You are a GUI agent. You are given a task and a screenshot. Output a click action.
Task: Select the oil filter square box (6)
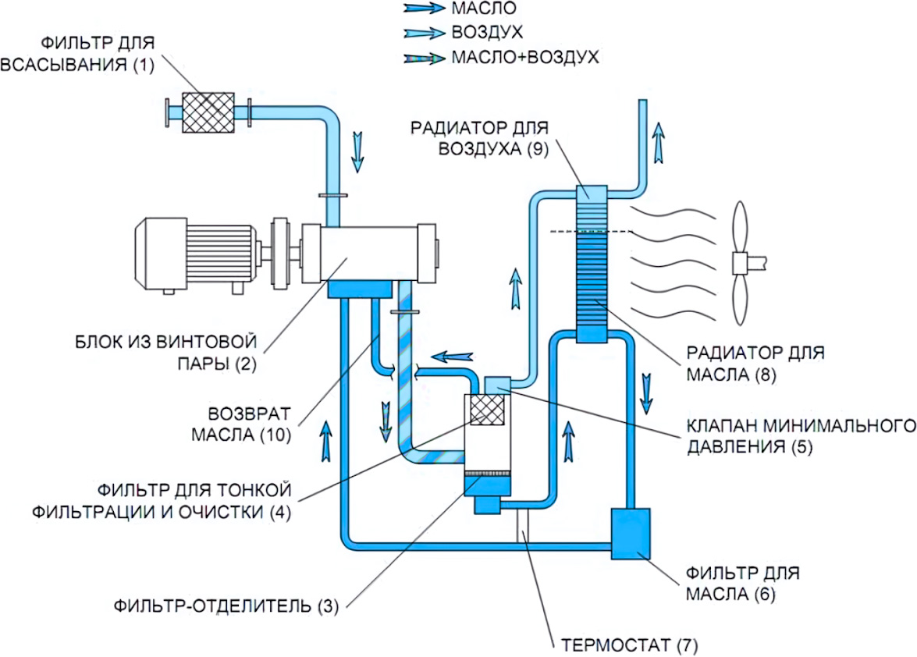tap(631, 534)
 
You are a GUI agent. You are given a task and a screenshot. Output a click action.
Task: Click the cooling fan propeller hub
tap(741, 262)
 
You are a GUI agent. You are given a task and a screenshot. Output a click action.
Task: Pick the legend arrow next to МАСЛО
tap(424, 9)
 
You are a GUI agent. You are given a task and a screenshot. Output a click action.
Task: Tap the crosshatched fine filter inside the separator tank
tap(487, 409)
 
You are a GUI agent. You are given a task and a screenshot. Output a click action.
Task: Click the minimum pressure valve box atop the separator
tap(497, 383)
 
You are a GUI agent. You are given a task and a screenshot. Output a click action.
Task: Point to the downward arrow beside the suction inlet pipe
tap(357, 151)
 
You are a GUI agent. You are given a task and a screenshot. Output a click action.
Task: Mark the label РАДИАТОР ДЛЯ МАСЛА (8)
tap(755, 364)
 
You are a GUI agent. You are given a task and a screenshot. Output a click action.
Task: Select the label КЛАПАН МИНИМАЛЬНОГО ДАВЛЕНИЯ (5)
tap(799, 437)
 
